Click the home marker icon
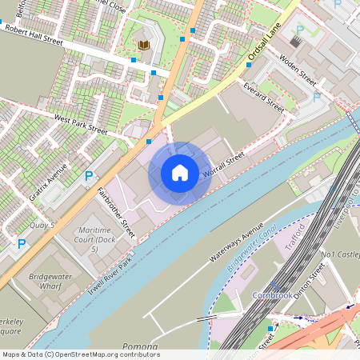(180, 173)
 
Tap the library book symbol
(144, 46)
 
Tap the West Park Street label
(80, 122)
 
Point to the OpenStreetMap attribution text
(80, 354)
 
